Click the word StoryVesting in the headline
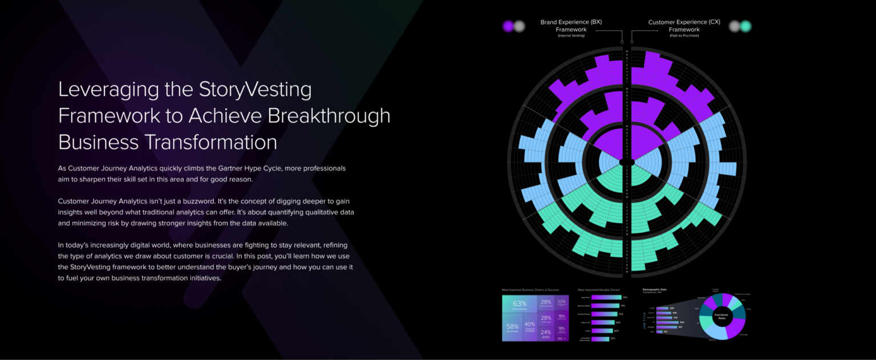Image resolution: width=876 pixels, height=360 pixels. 255,90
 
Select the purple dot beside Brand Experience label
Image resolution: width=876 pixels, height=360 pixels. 508,26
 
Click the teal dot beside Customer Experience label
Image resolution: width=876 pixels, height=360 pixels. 745,26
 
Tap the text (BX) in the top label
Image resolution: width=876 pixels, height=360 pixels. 596,22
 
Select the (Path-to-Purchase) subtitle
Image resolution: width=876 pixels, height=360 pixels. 684,36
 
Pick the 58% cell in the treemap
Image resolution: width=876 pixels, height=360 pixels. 512,327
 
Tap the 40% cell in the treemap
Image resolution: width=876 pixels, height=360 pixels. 530,325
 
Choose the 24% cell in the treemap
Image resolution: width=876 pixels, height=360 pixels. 546,332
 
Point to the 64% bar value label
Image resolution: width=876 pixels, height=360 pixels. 618,322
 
